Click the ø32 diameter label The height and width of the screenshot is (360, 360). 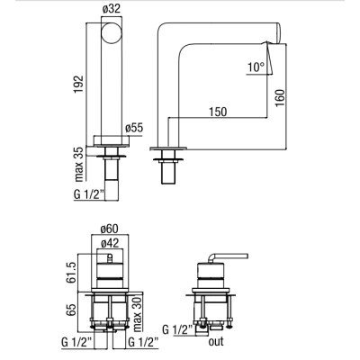tap(112, 9)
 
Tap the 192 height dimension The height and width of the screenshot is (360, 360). tap(79, 85)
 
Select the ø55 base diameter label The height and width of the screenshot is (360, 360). tap(134, 129)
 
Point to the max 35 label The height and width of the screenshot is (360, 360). tap(79, 164)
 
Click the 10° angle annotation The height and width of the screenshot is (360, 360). tap(256, 67)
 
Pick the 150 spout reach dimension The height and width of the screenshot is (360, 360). tap(218, 112)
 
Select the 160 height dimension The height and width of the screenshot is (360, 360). tap(280, 97)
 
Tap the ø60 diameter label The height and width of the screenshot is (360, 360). tap(110, 229)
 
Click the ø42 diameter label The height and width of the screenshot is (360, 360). tap(110, 243)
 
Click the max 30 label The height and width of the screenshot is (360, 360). tap(138, 314)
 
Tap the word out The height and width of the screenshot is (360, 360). tap(216, 341)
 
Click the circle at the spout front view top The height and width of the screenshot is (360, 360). tap(112, 33)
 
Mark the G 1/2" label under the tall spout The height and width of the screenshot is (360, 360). tap(88, 194)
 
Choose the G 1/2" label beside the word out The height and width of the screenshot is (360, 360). tap(177, 329)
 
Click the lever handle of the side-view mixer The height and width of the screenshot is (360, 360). tap(229, 256)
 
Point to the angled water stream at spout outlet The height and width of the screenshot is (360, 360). tap(270, 58)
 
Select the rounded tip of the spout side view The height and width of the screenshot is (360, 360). tap(278, 33)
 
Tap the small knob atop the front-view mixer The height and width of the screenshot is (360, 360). tap(110, 258)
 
